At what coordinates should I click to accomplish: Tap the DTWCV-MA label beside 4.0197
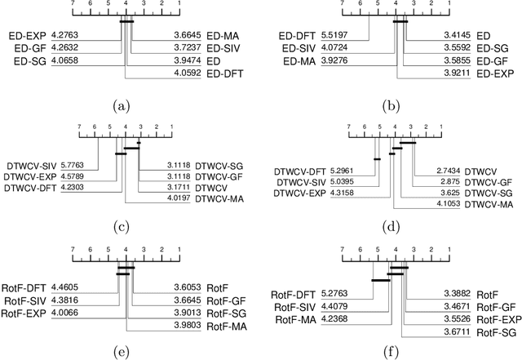pyautogui.click(x=220, y=198)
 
